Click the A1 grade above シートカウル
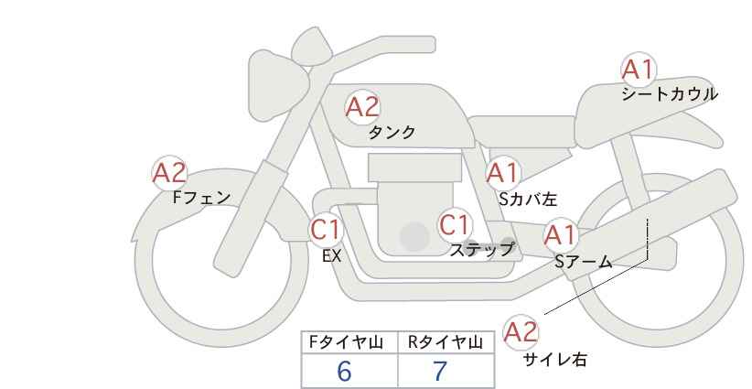(x=639, y=70)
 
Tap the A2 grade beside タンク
(x=362, y=107)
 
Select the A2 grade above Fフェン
(x=169, y=173)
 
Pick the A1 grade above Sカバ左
(x=503, y=173)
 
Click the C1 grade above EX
(x=326, y=229)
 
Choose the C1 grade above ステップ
(x=455, y=224)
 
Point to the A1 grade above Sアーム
(x=560, y=235)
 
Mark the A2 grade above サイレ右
(x=521, y=332)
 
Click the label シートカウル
(x=670, y=93)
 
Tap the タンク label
(x=392, y=132)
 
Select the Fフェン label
(x=201, y=197)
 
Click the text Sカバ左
(x=528, y=199)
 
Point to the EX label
(x=331, y=256)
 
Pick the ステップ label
(x=481, y=250)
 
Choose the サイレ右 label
(x=554, y=360)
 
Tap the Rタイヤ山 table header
(x=446, y=342)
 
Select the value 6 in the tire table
(x=344, y=371)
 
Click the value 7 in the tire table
(x=440, y=371)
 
